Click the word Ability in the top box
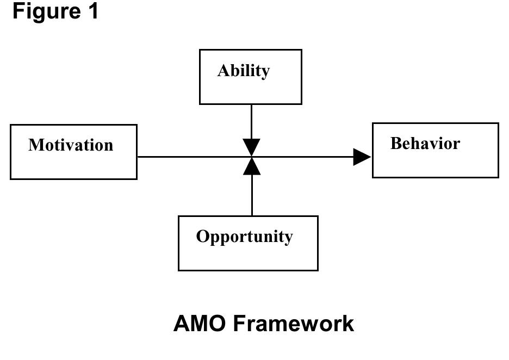click(x=243, y=71)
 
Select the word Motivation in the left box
click(x=71, y=145)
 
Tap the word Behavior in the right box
click(x=425, y=144)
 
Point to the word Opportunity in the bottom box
click(x=244, y=237)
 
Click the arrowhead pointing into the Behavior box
click(x=362, y=157)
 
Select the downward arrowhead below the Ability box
click(x=251, y=147)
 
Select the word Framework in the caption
click(x=294, y=324)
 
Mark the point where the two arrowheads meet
click(x=251, y=157)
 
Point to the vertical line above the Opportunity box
click(x=252, y=196)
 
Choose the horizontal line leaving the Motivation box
click(x=190, y=157)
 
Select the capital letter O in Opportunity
click(x=202, y=237)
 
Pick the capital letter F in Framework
click(x=240, y=324)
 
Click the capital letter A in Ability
click(x=223, y=71)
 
